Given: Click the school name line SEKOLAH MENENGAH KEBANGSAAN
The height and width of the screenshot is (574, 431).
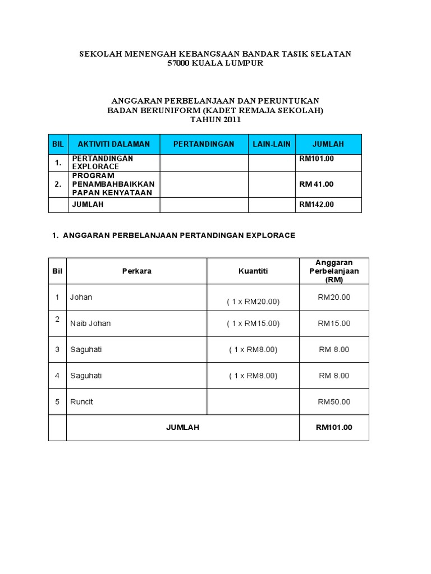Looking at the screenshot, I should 215,54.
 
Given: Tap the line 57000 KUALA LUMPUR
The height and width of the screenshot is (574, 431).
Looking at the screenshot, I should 215,63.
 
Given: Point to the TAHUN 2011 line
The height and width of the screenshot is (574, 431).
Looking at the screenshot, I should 215,120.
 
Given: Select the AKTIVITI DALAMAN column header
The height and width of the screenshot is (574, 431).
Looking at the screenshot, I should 113,144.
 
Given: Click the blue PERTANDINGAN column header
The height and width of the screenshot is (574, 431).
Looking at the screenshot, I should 204,144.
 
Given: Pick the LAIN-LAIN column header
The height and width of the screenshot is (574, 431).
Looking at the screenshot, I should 272,144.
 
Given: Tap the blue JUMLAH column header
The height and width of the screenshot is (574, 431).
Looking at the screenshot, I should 328,144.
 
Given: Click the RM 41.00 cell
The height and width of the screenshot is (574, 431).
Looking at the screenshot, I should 317,184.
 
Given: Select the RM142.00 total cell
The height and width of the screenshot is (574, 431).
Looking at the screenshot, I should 317,205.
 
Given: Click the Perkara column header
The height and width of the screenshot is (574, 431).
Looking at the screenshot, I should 136,271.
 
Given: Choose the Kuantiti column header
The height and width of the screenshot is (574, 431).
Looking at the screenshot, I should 253,271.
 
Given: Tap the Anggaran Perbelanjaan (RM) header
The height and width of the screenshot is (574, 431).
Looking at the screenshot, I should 334,271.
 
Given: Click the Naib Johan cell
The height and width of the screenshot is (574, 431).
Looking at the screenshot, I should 90,323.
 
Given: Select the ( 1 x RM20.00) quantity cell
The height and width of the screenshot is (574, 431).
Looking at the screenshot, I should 253,302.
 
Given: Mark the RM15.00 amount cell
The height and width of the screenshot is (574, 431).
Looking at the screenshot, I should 334,323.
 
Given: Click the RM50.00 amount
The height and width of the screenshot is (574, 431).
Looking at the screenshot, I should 334,402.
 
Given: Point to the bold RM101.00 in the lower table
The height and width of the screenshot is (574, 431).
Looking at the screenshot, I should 334,428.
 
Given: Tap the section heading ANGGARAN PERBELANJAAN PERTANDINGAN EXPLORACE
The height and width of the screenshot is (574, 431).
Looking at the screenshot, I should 174,235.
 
